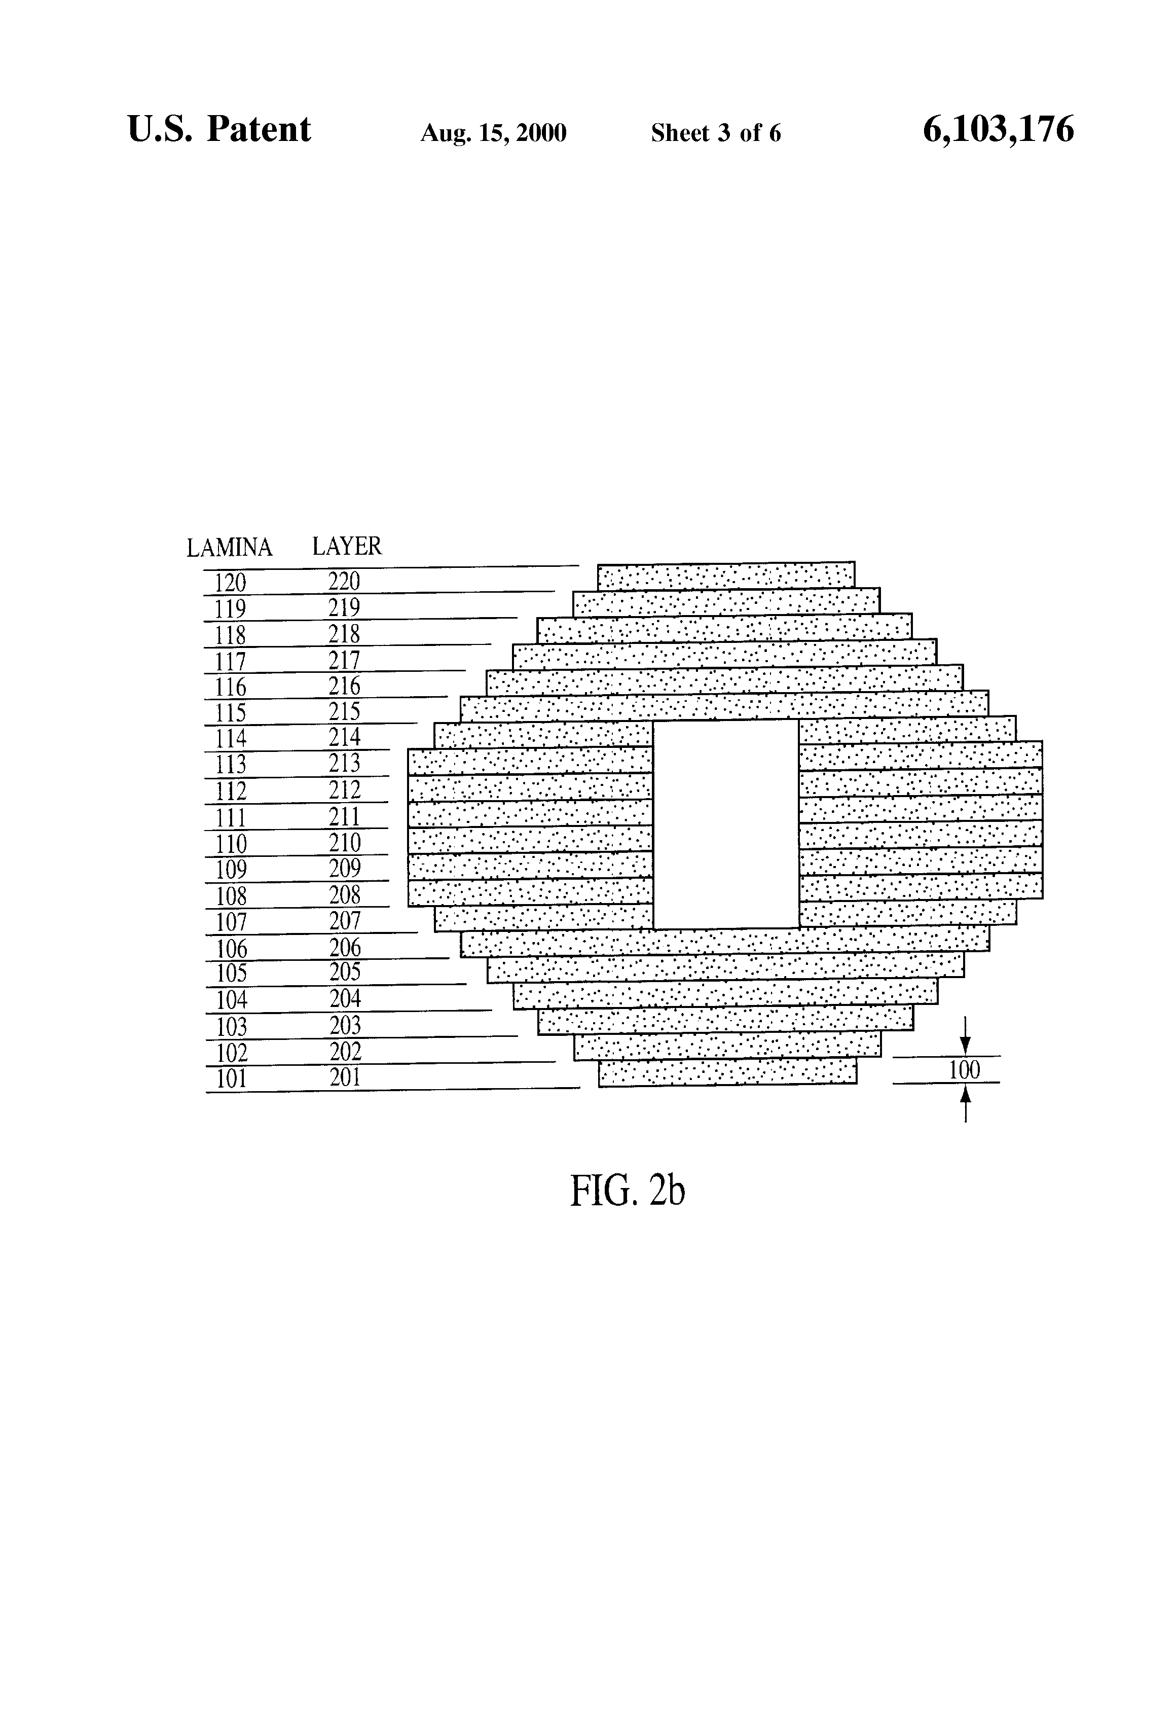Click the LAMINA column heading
pyautogui.click(x=229, y=548)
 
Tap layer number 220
pyautogui.click(x=344, y=581)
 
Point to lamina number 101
pyautogui.click(x=231, y=1079)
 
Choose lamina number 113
pyautogui.click(x=231, y=764)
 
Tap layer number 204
pyautogui.click(x=346, y=998)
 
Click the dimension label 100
pyautogui.click(x=964, y=1070)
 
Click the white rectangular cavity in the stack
pyautogui.click(x=725, y=824)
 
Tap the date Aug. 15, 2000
pyautogui.click(x=494, y=133)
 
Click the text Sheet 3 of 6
pyautogui.click(x=716, y=133)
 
